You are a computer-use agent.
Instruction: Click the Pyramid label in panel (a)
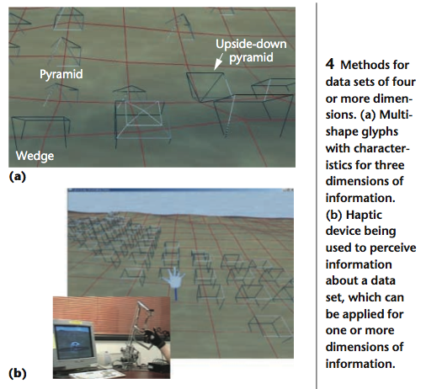tap(61, 74)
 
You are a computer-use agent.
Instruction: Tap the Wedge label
tap(35, 156)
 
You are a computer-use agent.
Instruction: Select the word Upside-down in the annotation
tap(251, 44)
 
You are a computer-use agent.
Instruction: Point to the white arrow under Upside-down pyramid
tap(218, 61)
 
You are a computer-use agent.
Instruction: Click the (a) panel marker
tap(18, 177)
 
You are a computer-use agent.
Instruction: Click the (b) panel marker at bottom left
tap(18, 374)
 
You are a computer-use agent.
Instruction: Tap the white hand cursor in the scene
tap(173, 277)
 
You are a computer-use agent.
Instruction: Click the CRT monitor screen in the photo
tap(74, 342)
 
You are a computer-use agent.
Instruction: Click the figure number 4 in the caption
tap(330, 64)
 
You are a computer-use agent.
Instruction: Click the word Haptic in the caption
tap(364, 215)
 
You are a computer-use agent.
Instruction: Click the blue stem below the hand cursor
tap(176, 294)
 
